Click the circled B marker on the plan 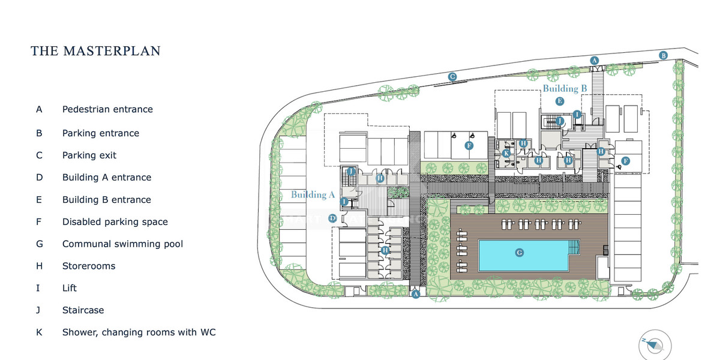click(663, 55)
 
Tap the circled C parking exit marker click(453, 76)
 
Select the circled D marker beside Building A click(332, 219)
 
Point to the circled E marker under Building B click(559, 101)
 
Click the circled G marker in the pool click(520, 253)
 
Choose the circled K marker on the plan click(506, 154)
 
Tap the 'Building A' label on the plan click(313, 194)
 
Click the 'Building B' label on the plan click(565, 89)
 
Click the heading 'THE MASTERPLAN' click(96, 51)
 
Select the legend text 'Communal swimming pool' click(122, 244)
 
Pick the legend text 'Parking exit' click(89, 155)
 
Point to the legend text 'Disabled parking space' click(115, 221)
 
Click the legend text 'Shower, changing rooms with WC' click(139, 332)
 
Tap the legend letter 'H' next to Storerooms click(39, 266)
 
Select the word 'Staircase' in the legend click(83, 310)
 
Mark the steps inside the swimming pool click(574, 247)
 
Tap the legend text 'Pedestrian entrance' click(107, 109)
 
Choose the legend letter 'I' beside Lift click(38, 288)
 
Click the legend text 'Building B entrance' click(107, 199)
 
